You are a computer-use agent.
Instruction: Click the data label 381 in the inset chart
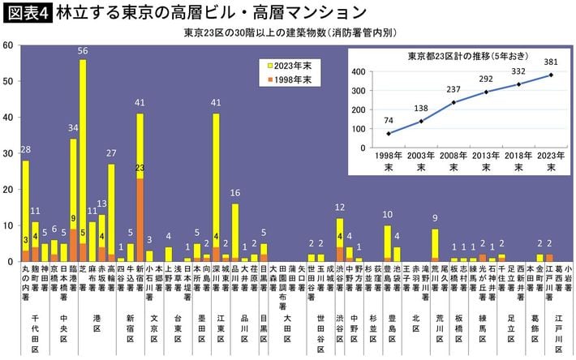[552, 62]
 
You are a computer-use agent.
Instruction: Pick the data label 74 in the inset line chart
[388, 120]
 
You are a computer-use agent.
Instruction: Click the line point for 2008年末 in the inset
[453, 102]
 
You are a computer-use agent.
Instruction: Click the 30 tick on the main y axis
[7, 153]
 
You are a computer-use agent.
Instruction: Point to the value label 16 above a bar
[234, 194]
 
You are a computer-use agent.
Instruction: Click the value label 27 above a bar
[111, 154]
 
